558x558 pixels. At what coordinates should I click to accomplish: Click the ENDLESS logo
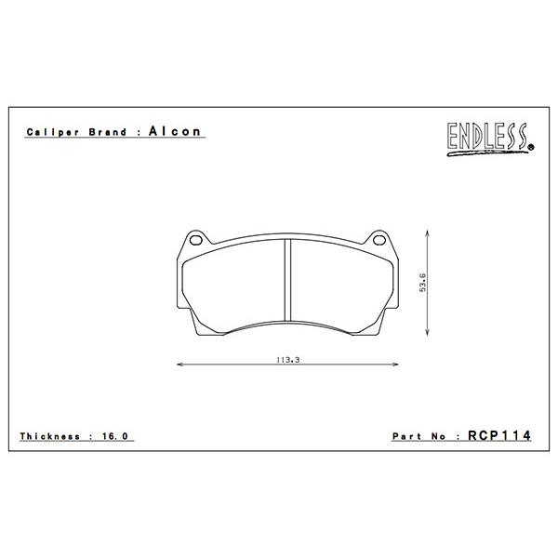(490, 139)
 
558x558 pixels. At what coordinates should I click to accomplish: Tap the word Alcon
(175, 131)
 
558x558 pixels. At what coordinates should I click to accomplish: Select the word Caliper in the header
(53, 132)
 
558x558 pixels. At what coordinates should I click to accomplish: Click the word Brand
(108, 132)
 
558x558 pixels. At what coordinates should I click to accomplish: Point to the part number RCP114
(499, 435)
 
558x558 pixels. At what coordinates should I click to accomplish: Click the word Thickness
(50, 436)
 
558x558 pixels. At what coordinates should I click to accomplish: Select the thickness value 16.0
(114, 436)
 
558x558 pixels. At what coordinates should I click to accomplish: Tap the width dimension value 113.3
(288, 360)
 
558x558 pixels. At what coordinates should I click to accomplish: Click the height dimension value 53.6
(423, 283)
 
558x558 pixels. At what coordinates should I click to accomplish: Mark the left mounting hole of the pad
(196, 240)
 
